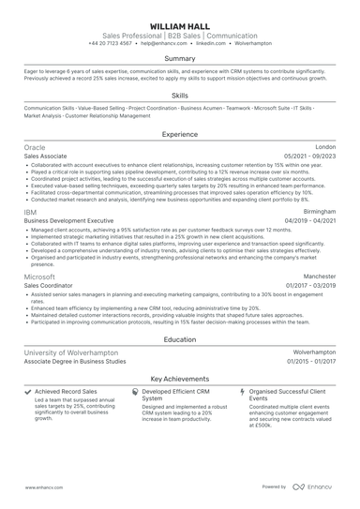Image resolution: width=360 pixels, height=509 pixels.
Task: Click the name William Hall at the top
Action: tap(180, 19)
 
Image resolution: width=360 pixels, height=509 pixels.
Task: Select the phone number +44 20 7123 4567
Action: tap(112, 43)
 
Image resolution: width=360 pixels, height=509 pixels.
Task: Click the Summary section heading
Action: tap(180, 58)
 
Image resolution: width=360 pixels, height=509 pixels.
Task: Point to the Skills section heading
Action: tap(180, 96)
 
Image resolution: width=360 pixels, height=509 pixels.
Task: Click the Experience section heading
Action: tap(180, 134)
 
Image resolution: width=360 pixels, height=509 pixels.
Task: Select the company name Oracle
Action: tap(35, 148)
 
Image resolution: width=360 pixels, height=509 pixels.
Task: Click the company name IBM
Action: tap(30, 212)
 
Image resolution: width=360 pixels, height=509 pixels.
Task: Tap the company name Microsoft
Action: tap(40, 277)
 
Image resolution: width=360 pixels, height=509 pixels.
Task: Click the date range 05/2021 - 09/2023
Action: tap(310, 157)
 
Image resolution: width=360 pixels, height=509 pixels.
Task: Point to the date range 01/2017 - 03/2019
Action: tap(310, 286)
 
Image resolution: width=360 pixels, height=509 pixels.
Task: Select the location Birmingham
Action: tap(320, 212)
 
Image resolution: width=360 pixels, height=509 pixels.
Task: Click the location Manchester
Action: tap(319, 277)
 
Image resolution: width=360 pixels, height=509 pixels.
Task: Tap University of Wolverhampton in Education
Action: tap(71, 352)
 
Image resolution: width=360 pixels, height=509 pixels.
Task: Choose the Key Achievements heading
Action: tap(180, 377)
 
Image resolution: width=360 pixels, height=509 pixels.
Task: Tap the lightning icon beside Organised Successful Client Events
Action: tap(242, 391)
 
